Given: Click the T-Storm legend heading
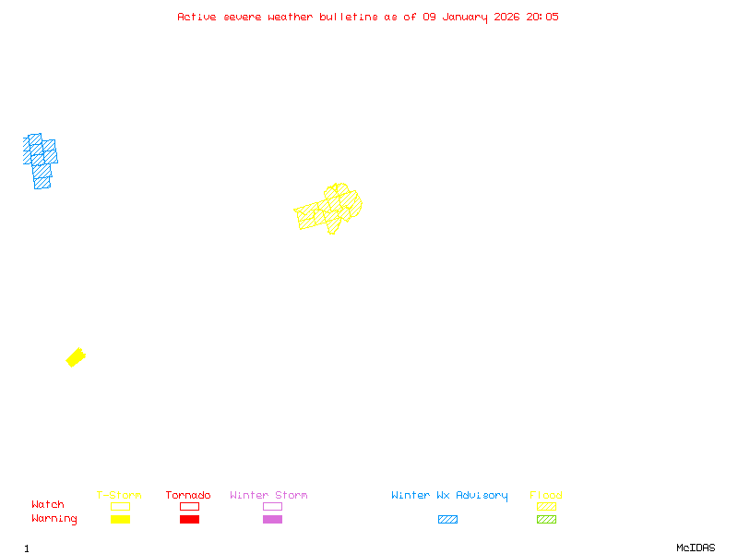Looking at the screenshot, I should pos(119,496).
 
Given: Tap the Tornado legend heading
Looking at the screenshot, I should pos(188,496).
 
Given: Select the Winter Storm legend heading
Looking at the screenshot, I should pos(268,496).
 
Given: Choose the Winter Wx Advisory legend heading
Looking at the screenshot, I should pos(449,496).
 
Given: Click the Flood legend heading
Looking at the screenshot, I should pos(546,496).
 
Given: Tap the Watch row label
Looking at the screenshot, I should pos(48,505).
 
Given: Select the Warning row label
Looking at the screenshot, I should pos(54,519).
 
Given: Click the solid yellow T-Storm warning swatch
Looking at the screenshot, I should pos(120,520).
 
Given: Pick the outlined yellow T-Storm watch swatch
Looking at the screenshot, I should pos(120,506).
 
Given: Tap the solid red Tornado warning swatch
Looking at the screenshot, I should pos(189,520).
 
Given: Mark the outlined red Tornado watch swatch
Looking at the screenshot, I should pos(189,506).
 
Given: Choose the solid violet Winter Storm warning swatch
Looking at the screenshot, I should pos(272,520).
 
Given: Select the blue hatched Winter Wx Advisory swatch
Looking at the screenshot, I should pos(447,520).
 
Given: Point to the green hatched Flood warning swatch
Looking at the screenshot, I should pos(546,520).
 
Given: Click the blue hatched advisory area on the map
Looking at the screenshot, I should pos(40,159).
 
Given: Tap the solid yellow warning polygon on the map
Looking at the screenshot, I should pos(76,357).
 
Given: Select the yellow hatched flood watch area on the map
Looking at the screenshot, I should pos(329,209).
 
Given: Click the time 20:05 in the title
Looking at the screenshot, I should pos(542,17).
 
